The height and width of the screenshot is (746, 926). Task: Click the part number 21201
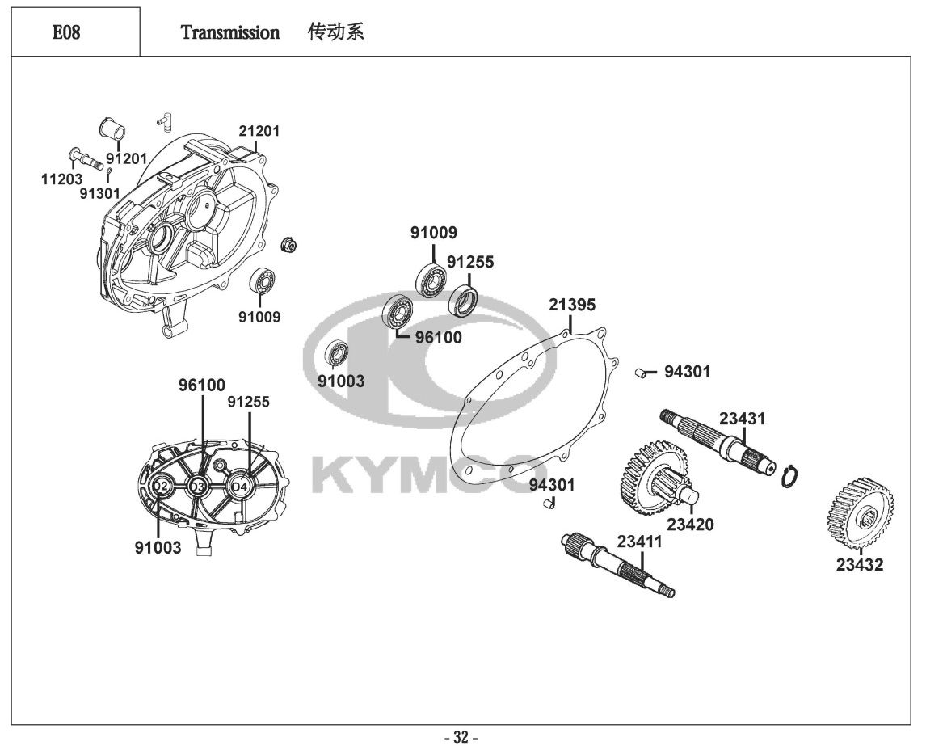pyautogui.click(x=259, y=131)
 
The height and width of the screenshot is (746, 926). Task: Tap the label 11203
pyautogui.click(x=61, y=179)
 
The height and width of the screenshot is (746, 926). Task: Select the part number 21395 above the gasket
pyautogui.click(x=572, y=305)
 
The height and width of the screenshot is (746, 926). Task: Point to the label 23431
pyautogui.click(x=742, y=419)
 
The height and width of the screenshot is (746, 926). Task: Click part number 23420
pyautogui.click(x=690, y=524)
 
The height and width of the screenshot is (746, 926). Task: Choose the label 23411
pyautogui.click(x=639, y=542)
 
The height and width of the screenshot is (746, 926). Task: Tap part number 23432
pyautogui.click(x=860, y=565)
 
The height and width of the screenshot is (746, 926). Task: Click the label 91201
pyautogui.click(x=126, y=158)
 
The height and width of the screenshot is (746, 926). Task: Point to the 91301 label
pyautogui.click(x=99, y=193)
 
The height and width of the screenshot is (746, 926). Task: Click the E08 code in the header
pyautogui.click(x=66, y=33)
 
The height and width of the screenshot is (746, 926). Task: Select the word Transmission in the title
pyautogui.click(x=230, y=33)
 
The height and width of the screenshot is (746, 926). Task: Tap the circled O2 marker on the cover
pyautogui.click(x=161, y=487)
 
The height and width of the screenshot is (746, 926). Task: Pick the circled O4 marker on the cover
pyautogui.click(x=239, y=486)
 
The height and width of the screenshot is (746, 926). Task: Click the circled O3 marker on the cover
pyautogui.click(x=196, y=487)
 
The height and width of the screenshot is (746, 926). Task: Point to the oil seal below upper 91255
pyautogui.click(x=464, y=300)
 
